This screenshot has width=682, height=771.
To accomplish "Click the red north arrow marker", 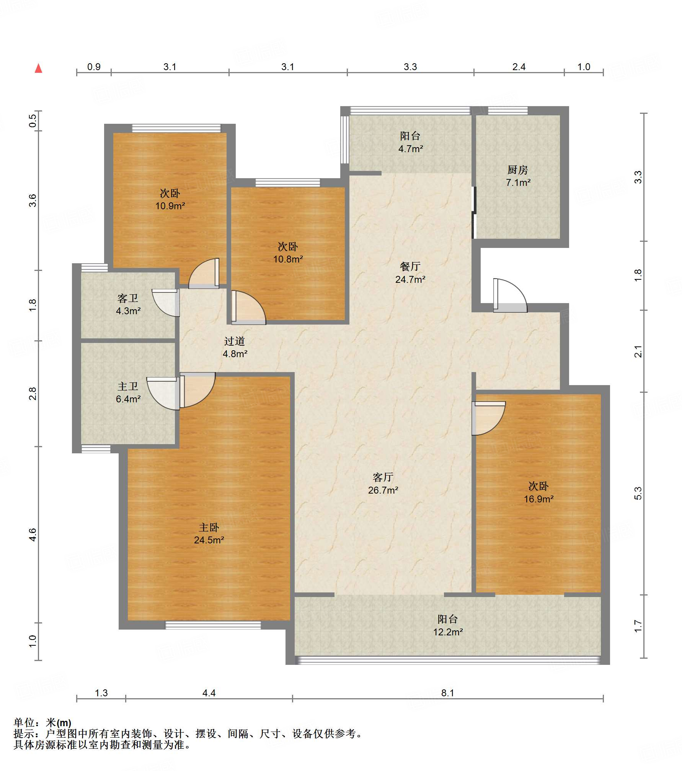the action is click(x=38, y=68).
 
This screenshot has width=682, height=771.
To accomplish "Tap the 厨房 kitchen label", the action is click(x=518, y=169).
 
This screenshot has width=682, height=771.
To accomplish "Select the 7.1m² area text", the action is click(x=518, y=182).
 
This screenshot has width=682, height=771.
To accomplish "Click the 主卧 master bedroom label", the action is click(x=209, y=527).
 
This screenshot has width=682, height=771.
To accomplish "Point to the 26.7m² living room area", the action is click(x=383, y=490).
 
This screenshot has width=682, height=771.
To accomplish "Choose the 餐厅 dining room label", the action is click(x=410, y=266).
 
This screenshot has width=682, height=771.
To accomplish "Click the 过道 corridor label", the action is click(x=235, y=341).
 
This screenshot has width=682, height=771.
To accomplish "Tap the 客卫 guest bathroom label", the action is click(x=128, y=298).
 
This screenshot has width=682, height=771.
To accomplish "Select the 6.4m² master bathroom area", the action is click(x=128, y=399).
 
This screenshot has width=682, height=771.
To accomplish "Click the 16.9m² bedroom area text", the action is click(x=539, y=499).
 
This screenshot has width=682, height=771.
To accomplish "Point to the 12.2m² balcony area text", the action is click(x=448, y=632).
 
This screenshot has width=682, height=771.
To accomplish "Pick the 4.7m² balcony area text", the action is click(x=411, y=149).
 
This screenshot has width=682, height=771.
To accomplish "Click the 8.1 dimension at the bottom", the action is click(x=447, y=693).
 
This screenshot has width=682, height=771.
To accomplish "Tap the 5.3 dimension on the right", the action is click(x=638, y=493).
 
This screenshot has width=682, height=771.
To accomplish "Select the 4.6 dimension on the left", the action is click(x=33, y=535).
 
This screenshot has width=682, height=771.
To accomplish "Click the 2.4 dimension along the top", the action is click(x=519, y=67).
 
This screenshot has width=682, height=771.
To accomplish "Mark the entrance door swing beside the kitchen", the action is click(x=510, y=295).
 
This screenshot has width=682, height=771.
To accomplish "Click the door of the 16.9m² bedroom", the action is click(x=489, y=418).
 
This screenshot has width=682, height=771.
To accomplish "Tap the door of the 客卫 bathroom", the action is click(x=166, y=303).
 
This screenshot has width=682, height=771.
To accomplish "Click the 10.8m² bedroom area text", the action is click(x=288, y=259).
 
